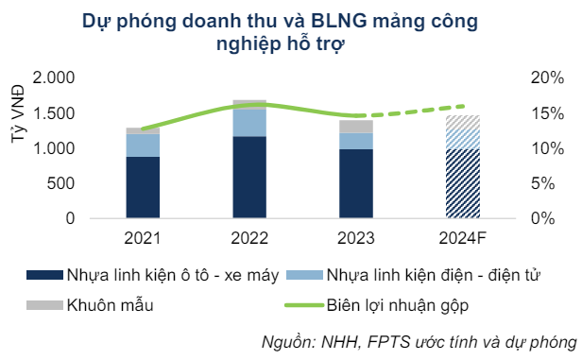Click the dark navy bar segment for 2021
(x=143, y=187)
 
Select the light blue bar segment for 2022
(x=249, y=122)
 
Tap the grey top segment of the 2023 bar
(x=357, y=127)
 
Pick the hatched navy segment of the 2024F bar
(x=463, y=183)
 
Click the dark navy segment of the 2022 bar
(x=249, y=178)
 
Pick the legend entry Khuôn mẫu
(x=106, y=304)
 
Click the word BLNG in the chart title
(x=337, y=22)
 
